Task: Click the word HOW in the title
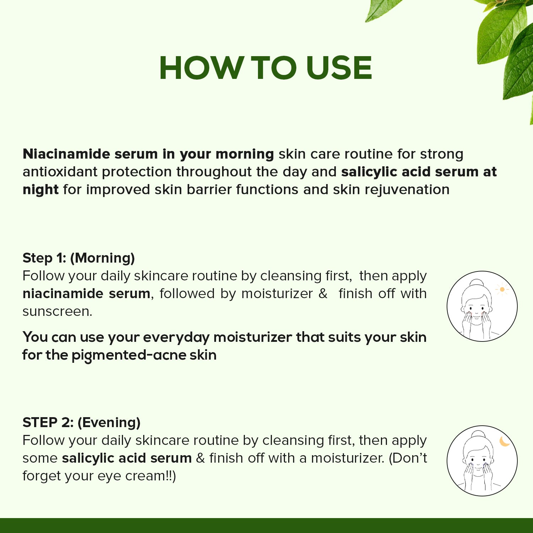pyautogui.click(x=201, y=68)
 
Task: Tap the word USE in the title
pyautogui.click(x=339, y=68)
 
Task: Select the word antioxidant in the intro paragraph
pyautogui.click(x=60, y=172)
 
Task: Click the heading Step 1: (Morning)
pyautogui.click(x=79, y=258)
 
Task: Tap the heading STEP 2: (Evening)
pyautogui.click(x=81, y=422)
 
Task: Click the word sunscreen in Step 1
pyautogui.click(x=57, y=312)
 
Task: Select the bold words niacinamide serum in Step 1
pyautogui.click(x=86, y=294)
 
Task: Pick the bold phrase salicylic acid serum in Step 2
pyautogui.click(x=127, y=458)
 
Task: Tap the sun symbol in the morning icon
pyautogui.click(x=502, y=290)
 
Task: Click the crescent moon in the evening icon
pyautogui.click(x=505, y=441)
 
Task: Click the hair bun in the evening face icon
pyautogui.click(x=478, y=435)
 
